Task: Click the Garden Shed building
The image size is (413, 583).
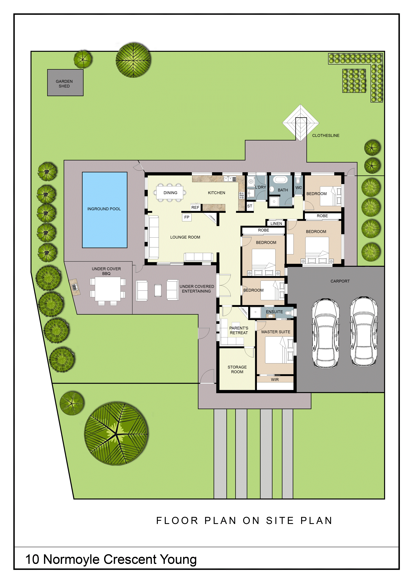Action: [x=65, y=83]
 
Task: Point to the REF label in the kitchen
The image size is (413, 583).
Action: [x=195, y=207]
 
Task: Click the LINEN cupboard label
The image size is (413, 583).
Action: [x=276, y=223]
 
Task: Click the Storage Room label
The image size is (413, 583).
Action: [x=237, y=369]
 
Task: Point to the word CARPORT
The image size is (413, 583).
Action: [x=340, y=281]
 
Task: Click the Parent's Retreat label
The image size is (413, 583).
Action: [x=239, y=330]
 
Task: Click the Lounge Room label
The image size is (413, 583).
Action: [x=185, y=237]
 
